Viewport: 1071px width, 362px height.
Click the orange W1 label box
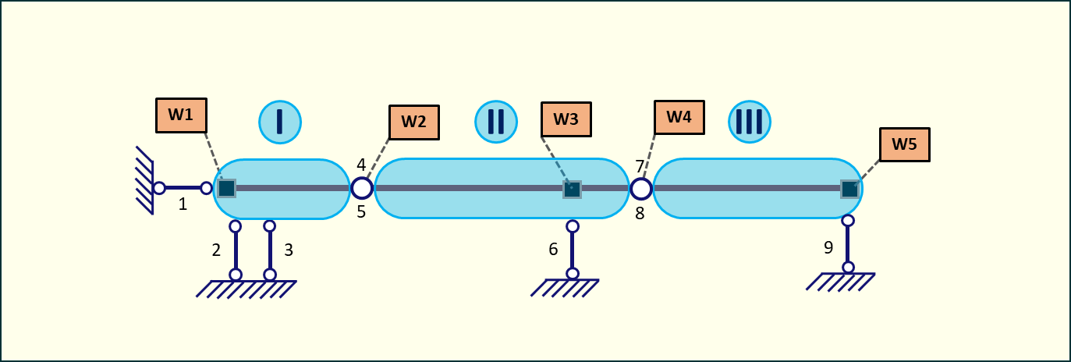[181, 115]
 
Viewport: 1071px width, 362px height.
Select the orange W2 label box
[413, 122]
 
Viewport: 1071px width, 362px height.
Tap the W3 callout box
[566, 119]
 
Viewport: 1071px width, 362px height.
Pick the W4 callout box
[679, 117]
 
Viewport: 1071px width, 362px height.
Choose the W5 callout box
[904, 144]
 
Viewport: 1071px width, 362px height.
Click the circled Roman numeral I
[280, 122]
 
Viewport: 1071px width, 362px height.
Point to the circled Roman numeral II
[496, 122]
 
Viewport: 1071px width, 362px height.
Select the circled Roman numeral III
[750, 122]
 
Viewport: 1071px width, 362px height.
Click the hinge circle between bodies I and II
[362, 188]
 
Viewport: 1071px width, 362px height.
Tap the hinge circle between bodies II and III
[640, 188]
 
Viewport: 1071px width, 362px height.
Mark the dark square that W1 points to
[226, 188]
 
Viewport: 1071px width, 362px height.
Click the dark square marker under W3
[572, 189]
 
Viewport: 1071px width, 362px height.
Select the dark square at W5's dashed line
[849, 188]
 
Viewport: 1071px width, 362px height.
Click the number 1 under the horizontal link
[183, 204]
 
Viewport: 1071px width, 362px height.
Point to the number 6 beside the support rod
[553, 250]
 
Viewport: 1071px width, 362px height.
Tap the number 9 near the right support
[828, 248]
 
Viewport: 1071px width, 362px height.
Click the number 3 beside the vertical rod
[289, 250]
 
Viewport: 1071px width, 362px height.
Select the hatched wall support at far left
[144, 180]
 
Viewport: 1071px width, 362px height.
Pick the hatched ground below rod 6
[566, 288]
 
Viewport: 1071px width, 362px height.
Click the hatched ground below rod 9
[840, 281]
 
